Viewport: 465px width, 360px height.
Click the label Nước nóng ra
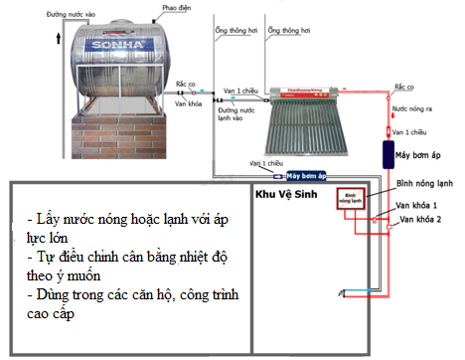410,107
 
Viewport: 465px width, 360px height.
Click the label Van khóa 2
419,218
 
